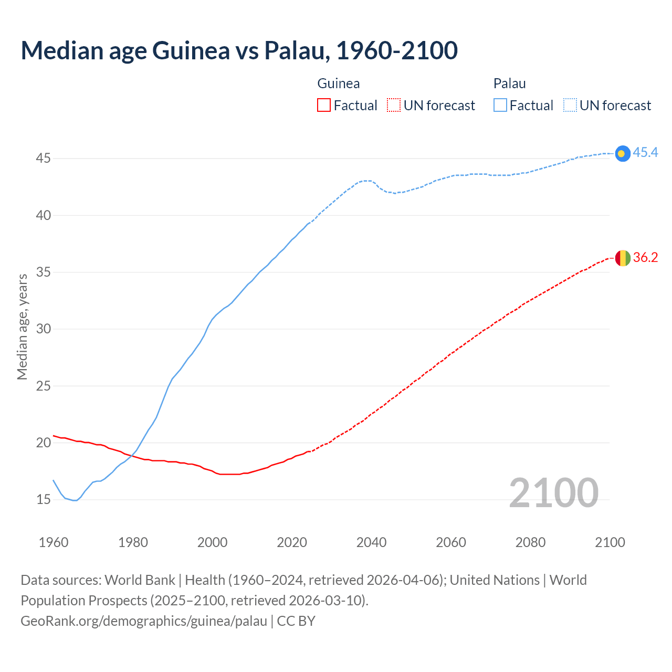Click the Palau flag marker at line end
622,153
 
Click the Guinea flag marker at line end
622,258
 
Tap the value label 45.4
645,153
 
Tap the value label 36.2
645,258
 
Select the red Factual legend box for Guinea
324,106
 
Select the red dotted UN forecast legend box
394,106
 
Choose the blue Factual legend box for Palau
500,106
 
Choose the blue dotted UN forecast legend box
570,106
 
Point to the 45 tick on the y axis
43,158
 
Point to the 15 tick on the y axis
43,499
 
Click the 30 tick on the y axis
43,329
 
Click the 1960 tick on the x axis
54,542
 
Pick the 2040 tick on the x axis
371,542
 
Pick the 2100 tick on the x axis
610,542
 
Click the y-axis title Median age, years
22,327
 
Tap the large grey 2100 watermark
553,493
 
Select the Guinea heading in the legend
339,83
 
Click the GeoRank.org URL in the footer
144,621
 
